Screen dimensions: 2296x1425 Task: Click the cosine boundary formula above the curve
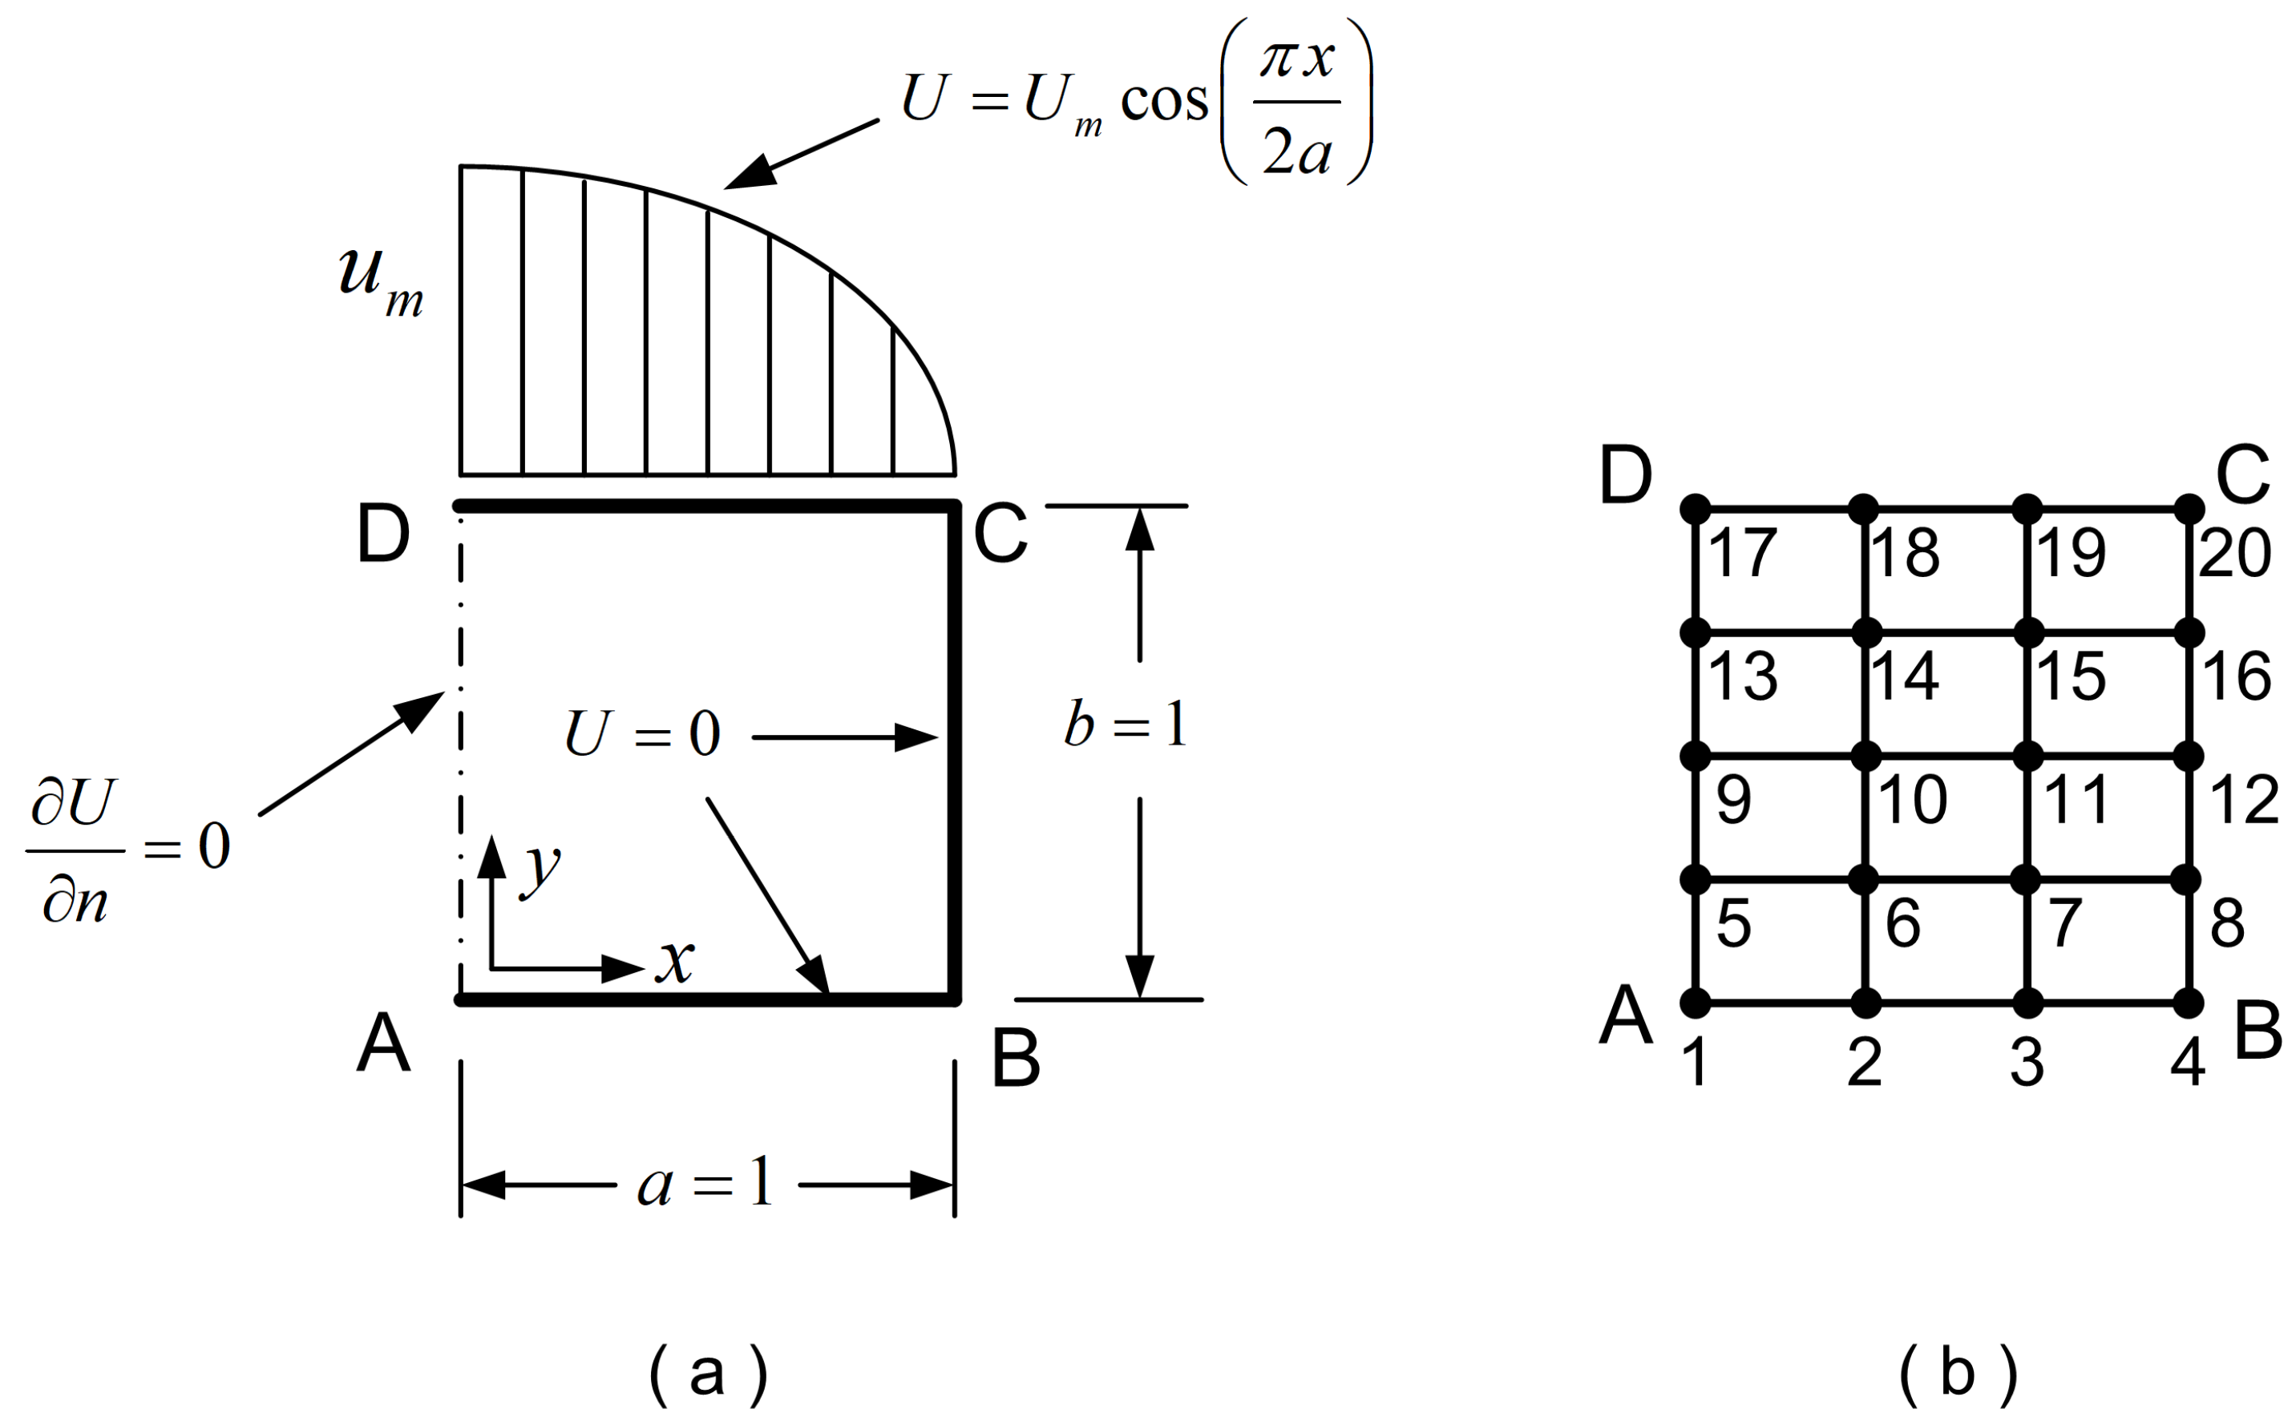[x=1136, y=100]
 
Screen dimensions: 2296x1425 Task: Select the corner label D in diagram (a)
[x=384, y=535]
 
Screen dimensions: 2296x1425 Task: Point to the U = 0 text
[x=643, y=734]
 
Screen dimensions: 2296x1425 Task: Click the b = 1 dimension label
[x=1126, y=725]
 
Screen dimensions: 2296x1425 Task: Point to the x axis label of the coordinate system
[x=676, y=961]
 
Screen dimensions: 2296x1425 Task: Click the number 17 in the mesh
[x=1743, y=553]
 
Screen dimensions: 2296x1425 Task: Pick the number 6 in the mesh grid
[x=1903, y=922]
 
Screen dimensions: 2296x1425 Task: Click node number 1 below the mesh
[x=1696, y=1063]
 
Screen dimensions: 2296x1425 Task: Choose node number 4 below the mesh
[x=2188, y=1063]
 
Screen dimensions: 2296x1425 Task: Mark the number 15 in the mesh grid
[x=2072, y=676]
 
